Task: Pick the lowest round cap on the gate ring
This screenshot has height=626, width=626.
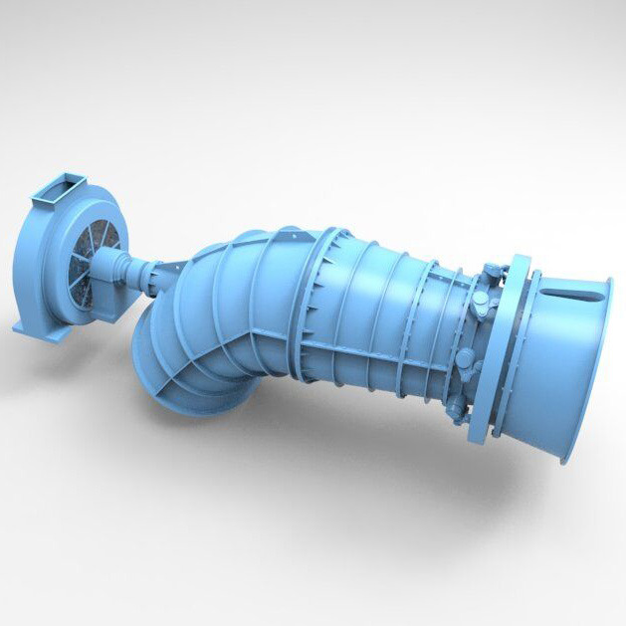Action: point(450,403)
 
